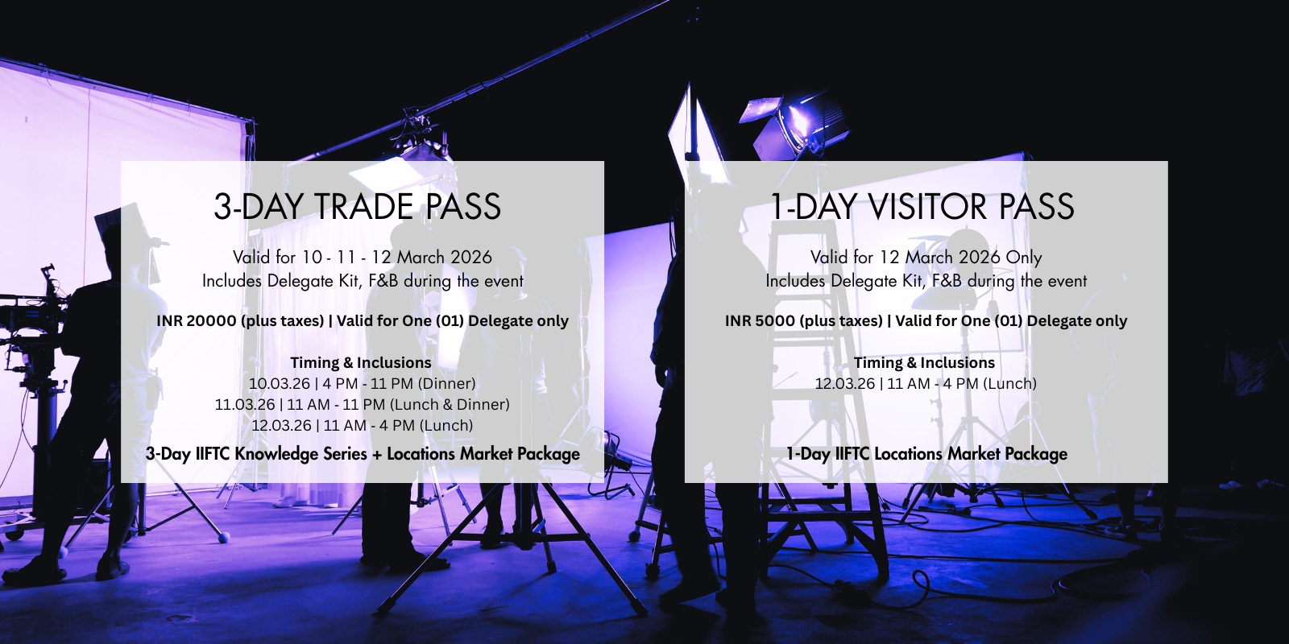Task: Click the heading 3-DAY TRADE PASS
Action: click(x=357, y=206)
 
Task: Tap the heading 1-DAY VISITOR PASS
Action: click(x=922, y=206)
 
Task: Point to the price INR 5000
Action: click(x=760, y=321)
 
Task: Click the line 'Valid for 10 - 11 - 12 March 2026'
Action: click(x=363, y=257)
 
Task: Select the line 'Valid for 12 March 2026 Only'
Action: click(x=926, y=257)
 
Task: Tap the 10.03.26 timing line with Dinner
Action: click(x=362, y=383)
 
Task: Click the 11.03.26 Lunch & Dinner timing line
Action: click(x=362, y=405)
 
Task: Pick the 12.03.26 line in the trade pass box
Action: click(x=362, y=426)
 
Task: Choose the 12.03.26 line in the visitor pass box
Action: click(x=926, y=383)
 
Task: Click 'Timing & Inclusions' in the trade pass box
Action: click(x=361, y=363)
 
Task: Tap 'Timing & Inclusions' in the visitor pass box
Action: click(x=924, y=363)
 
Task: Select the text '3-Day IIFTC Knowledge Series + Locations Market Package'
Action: click(x=363, y=454)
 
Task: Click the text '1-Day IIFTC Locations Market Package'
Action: click(x=926, y=454)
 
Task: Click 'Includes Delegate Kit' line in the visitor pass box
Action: click(x=926, y=281)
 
